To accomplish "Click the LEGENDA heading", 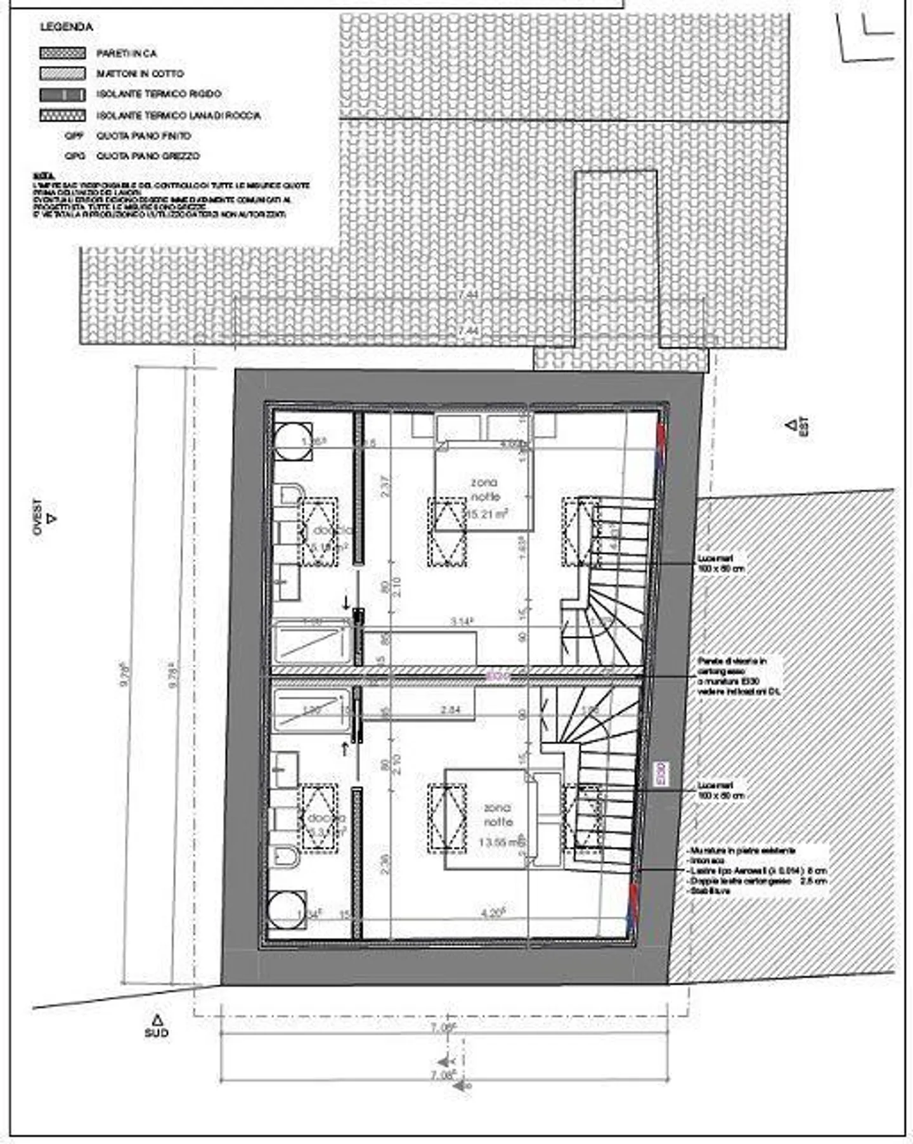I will coord(66,27).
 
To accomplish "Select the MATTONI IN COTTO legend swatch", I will coord(62,74).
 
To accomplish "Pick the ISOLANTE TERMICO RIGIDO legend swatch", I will coord(62,94).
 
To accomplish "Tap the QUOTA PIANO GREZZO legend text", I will coord(148,156).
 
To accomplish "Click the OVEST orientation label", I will coord(37,517).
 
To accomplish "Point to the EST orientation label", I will coord(803,426).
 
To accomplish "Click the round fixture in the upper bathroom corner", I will coord(294,441).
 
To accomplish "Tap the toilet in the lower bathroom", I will coord(287,857).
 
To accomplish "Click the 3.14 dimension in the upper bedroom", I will coord(462,621).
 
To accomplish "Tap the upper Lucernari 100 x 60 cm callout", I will coord(720,564).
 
